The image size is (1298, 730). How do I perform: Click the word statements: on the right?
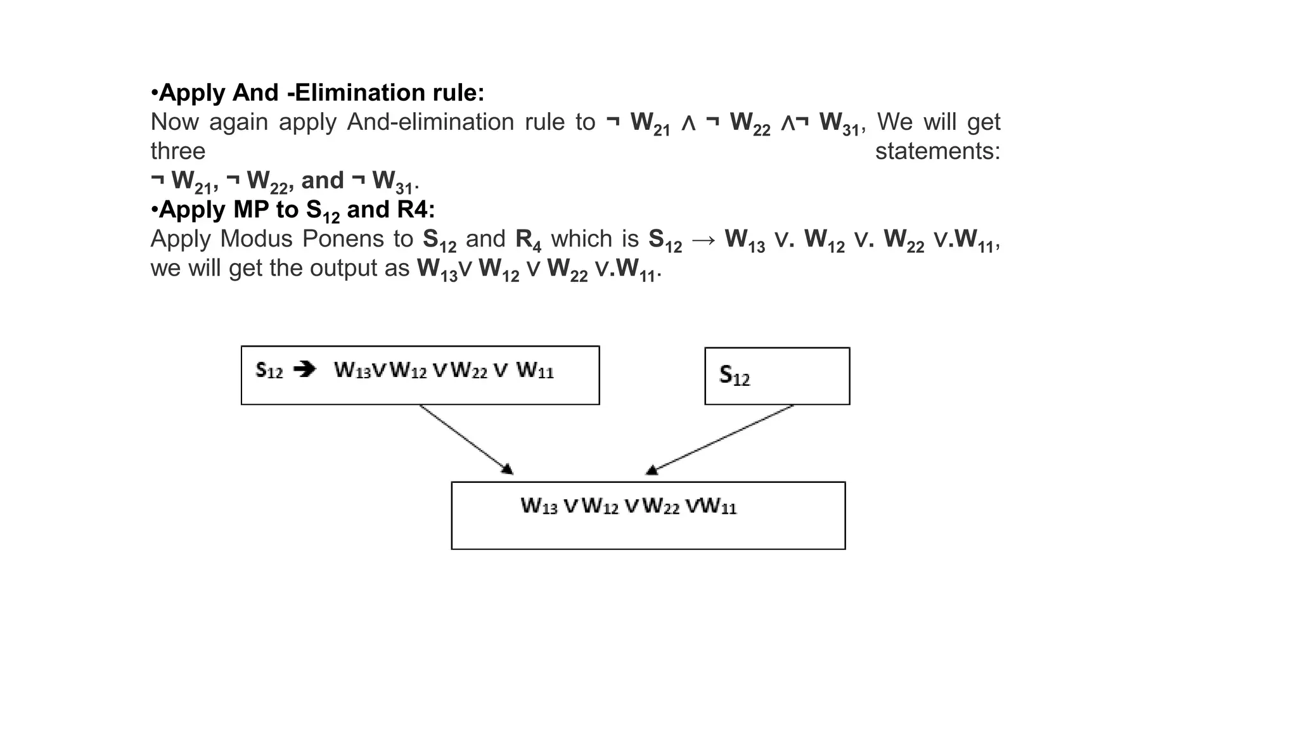pos(937,151)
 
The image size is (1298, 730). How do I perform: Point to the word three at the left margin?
pos(177,151)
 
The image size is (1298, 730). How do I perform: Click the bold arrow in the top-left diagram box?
pos(305,369)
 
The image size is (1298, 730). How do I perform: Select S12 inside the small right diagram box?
pos(735,376)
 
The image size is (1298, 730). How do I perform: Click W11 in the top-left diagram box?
pos(535,370)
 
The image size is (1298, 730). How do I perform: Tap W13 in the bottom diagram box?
pos(539,506)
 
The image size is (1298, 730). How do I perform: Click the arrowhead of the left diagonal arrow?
pos(507,470)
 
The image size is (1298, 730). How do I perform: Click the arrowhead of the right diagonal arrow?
pos(652,470)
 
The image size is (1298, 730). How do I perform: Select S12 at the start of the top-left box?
pos(269,370)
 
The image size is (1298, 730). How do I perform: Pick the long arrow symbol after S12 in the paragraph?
pos(704,240)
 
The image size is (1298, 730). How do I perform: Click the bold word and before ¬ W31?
pos(322,181)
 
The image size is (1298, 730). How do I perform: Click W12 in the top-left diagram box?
pos(408,370)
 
